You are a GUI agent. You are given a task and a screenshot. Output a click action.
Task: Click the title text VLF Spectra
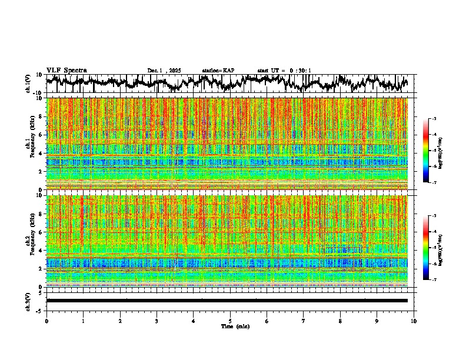coord(66,70)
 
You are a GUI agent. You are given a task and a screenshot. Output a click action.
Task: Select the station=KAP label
coord(218,71)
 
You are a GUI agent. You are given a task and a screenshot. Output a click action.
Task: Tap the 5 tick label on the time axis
coord(230,321)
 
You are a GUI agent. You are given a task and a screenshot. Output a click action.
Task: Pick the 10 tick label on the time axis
coord(414,321)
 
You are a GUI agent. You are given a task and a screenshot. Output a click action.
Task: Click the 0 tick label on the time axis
coord(46,321)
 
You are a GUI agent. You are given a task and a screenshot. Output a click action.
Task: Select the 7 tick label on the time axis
coord(304,321)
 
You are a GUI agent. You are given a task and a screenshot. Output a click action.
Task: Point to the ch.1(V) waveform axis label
coord(28,84)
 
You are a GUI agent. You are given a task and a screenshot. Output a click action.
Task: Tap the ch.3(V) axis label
coord(28,301)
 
